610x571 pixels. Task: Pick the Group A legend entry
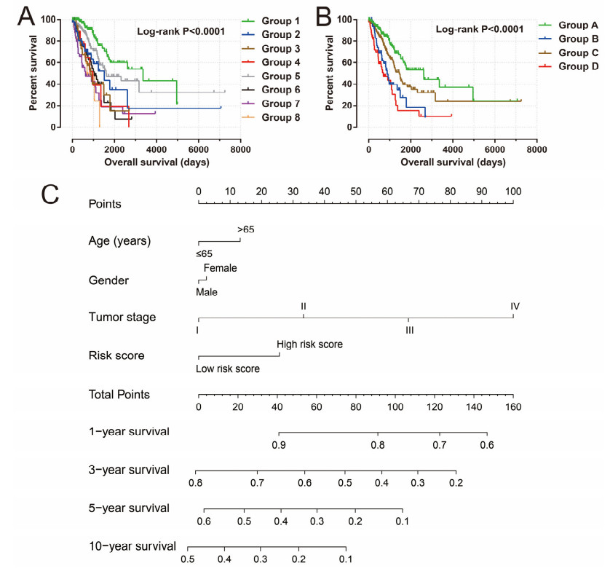click(x=575, y=24)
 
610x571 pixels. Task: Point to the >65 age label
click(x=245, y=230)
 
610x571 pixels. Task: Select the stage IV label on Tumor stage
click(x=515, y=307)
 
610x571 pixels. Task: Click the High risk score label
click(x=309, y=344)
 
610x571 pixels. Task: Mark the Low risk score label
click(x=227, y=369)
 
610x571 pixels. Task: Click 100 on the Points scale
click(x=513, y=191)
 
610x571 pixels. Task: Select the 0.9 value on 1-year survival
click(x=278, y=444)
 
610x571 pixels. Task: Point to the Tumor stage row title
click(x=122, y=317)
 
